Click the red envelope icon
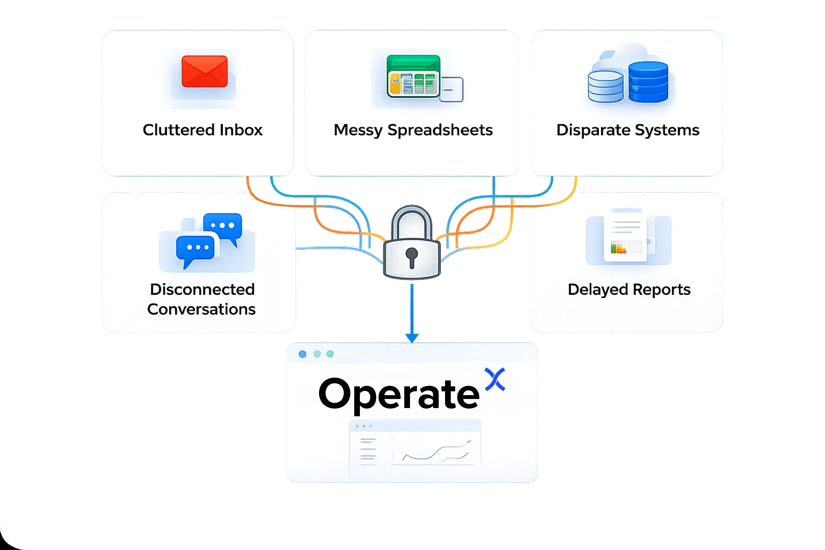(x=204, y=71)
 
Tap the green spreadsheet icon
(x=414, y=76)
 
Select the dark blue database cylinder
(x=648, y=82)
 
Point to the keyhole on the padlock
(x=411, y=256)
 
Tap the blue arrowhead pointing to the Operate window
(x=412, y=337)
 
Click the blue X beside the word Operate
(x=495, y=379)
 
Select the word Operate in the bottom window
(x=399, y=394)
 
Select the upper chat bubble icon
(x=223, y=226)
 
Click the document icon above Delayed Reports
(x=626, y=236)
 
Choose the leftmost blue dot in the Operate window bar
(x=303, y=354)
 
